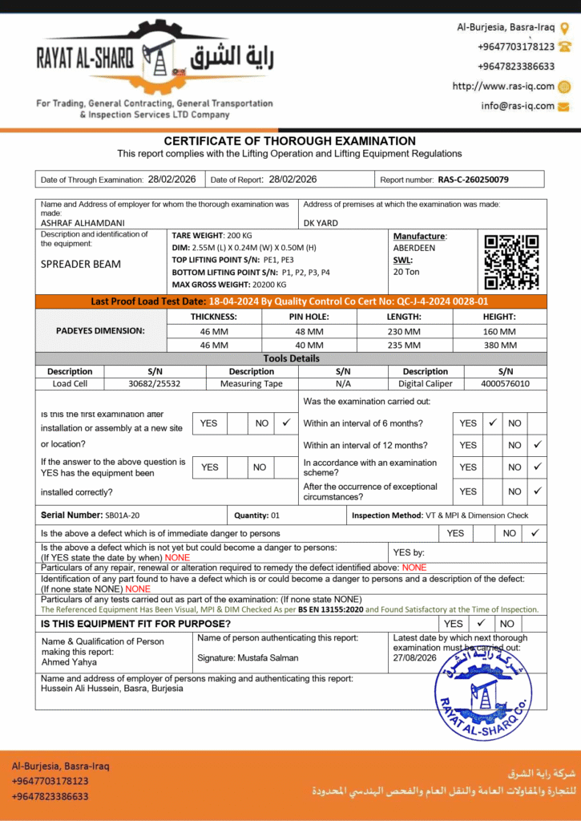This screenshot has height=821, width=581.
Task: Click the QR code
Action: click(511, 261)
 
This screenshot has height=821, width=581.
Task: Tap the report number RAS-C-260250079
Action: click(473, 180)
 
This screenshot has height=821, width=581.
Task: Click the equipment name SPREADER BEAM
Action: click(81, 264)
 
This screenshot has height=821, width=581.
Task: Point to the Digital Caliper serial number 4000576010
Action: click(505, 384)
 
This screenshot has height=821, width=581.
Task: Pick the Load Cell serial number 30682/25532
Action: click(155, 384)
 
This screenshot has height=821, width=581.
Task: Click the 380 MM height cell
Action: click(499, 345)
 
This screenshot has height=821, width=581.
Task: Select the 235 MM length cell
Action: click(404, 345)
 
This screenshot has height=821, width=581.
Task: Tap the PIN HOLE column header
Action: click(309, 317)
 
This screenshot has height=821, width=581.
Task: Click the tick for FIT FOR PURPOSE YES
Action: click(481, 623)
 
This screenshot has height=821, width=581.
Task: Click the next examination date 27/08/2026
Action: click(415, 657)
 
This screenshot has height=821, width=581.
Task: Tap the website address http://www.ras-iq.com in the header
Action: click(503, 87)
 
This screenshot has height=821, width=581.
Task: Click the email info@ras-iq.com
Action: click(518, 106)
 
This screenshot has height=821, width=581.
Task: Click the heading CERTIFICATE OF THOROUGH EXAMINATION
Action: click(290, 141)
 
